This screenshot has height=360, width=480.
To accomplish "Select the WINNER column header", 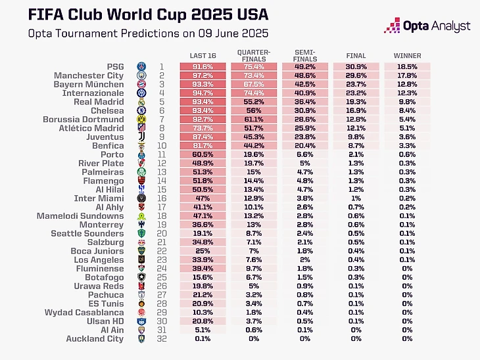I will pyautogui.click(x=407, y=56).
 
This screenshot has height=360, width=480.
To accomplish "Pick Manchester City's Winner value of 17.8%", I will pyautogui.click(x=407, y=76).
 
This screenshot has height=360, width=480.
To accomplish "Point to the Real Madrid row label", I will pyautogui.click(x=99, y=102).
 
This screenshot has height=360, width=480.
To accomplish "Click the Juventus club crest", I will pyautogui.click(x=141, y=137).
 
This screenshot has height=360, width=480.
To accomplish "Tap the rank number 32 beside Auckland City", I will pyautogui.click(x=162, y=339).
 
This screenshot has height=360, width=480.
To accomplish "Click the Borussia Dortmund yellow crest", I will pyautogui.click(x=141, y=120).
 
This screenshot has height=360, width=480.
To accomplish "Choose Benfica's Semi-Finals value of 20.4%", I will pyautogui.click(x=304, y=146).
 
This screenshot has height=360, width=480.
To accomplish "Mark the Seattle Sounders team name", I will pyautogui.click(x=88, y=233).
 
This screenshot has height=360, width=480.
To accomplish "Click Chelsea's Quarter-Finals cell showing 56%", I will pyautogui.click(x=254, y=111).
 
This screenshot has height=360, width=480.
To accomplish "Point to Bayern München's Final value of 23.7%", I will pyautogui.click(x=356, y=85).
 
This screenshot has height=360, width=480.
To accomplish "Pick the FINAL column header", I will pyautogui.click(x=356, y=56).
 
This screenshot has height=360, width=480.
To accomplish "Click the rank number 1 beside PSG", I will pyautogui.click(x=162, y=67).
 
